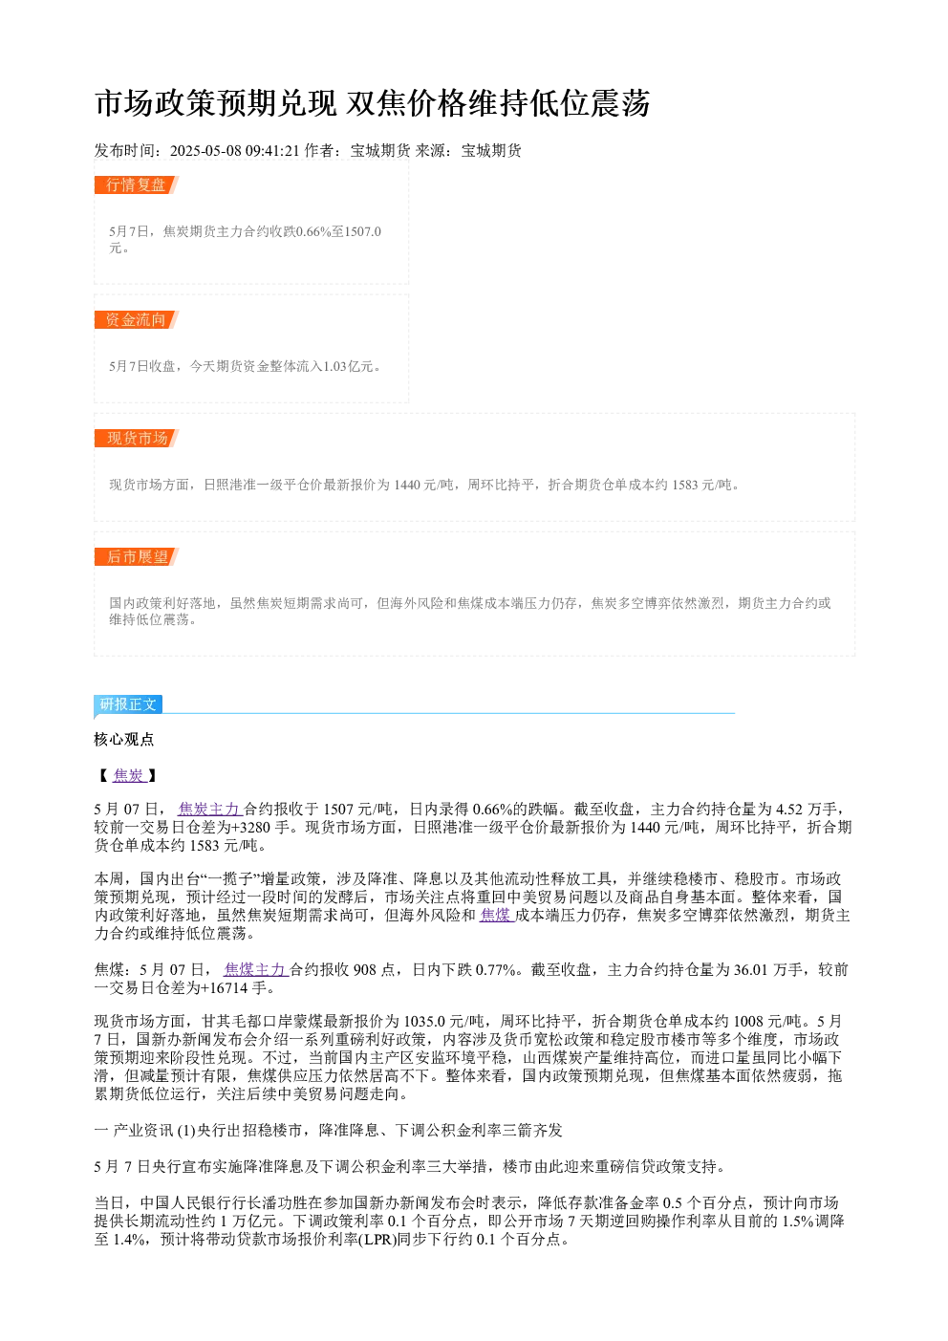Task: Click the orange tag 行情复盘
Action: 137,185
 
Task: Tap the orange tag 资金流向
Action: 137,319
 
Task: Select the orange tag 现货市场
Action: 137,438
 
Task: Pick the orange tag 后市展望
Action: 137,556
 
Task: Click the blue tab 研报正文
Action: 128,704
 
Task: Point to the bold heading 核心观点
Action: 124,740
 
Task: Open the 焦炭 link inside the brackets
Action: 129,775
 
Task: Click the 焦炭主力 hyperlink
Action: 209,810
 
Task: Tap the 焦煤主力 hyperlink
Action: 256,969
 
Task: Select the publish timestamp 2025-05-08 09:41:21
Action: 234,150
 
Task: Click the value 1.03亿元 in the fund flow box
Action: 348,366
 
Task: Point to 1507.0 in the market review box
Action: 363,231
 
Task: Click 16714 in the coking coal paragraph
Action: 226,987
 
